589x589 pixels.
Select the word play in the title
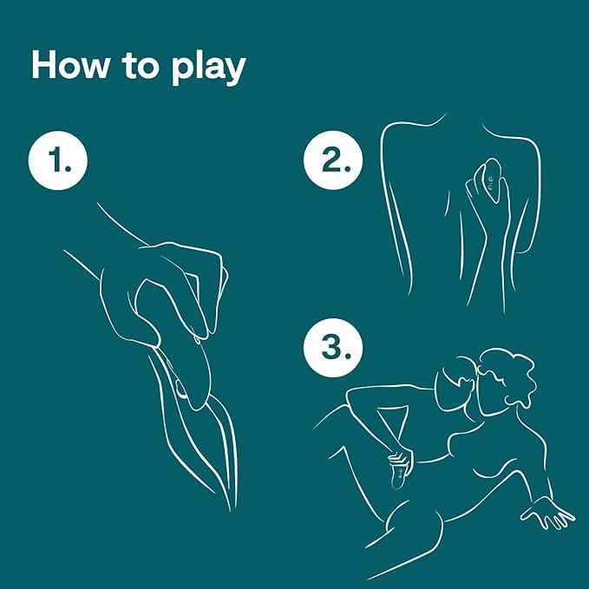click(208, 69)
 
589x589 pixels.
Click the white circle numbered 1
click(58, 160)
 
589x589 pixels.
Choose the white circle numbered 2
click(333, 160)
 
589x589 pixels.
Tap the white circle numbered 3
click(333, 348)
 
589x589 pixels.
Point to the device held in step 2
click(492, 180)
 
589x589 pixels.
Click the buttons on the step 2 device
click(490, 183)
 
